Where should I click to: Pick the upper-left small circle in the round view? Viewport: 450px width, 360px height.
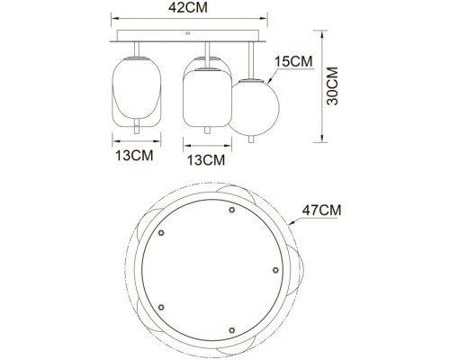pyautogui.click(x=162, y=232)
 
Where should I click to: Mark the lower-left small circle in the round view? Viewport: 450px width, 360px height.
pyautogui.click(x=161, y=307)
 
